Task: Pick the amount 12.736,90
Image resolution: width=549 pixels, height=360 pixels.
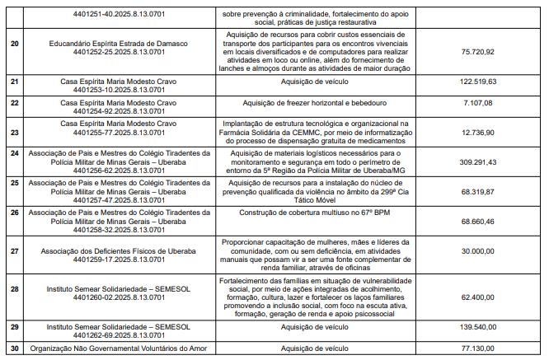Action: click(478, 132)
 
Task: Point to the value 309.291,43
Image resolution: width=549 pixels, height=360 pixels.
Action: click(476, 163)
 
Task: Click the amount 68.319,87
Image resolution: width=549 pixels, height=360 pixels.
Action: click(478, 191)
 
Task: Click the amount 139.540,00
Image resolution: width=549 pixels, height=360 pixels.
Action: click(476, 328)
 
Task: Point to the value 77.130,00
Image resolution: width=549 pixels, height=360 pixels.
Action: click(478, 349)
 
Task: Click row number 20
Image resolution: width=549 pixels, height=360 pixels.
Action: click(14, 43)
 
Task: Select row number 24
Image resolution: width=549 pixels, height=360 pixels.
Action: click(14, 153)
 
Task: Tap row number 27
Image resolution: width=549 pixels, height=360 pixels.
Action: click(14, 250)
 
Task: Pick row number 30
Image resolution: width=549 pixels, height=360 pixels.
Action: click(14, 349)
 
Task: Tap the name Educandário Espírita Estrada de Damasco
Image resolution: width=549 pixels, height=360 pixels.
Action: click(119, 43)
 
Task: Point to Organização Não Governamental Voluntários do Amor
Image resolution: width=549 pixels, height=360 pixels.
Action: click(119, 349)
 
